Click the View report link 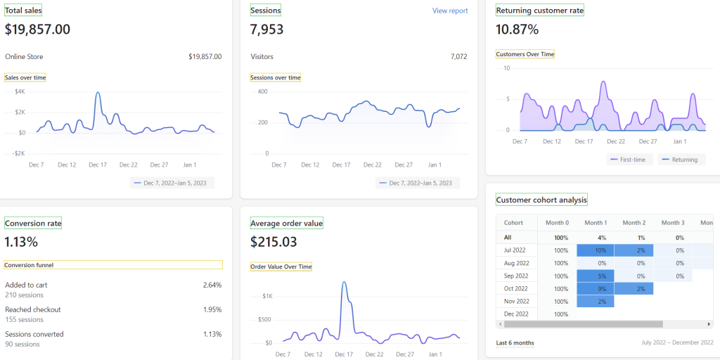click(450, 11)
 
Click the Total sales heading click(23, 11)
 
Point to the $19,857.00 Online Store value click(205, 57)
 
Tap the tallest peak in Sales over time click(98, 93)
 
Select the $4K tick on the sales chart click(20, 91)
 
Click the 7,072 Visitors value click(458, 57)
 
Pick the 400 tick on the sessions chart click(263, 91)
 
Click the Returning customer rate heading click(539, 11)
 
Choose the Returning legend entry click(680, 160)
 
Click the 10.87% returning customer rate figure click(517, 30)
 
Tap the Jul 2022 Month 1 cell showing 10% click(595, 250)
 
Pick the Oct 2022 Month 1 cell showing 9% click(595, 288)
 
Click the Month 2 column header click(634, 223)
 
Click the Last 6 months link click(515, 343)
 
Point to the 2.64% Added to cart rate click(212, 285)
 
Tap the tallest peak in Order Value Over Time click(345, 283)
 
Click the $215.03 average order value click(274, 242)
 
